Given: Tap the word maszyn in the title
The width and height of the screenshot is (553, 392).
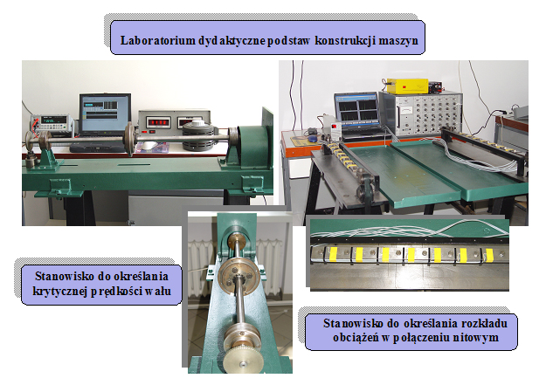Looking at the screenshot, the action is point(398,40).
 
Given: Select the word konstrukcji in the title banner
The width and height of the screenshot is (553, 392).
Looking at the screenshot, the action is point(344,40).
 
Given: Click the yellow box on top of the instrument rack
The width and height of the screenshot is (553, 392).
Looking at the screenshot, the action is point(407,86).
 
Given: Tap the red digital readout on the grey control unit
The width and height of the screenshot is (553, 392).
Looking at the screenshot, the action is point(158,123).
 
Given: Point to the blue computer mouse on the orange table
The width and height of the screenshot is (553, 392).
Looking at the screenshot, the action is point(313,139).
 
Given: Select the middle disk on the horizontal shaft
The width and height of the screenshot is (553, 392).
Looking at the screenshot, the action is point(129,138).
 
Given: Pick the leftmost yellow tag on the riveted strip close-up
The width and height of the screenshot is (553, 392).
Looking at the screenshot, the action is point(333,255).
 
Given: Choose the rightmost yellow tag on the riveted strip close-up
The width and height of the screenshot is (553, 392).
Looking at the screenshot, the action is point(489,255).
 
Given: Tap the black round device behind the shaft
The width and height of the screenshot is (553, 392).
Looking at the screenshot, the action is point(198,134).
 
